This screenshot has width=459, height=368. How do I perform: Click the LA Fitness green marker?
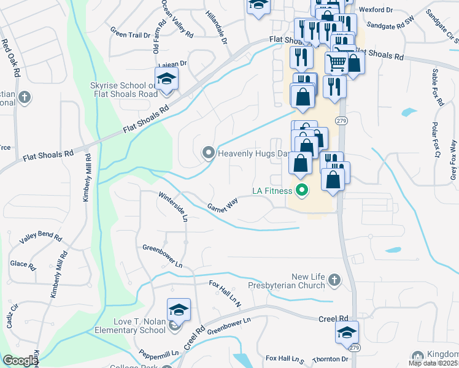[301, 191]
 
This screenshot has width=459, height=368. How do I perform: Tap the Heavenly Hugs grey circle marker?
[209, 153]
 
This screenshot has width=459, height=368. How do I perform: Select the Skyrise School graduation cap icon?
[166, 79]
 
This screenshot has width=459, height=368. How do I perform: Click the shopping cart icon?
[336, 62]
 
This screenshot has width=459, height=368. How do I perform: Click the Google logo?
[21, 361]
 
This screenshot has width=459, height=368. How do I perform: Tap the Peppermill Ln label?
[158, 355]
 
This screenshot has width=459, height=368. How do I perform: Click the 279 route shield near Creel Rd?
[356, 347]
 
